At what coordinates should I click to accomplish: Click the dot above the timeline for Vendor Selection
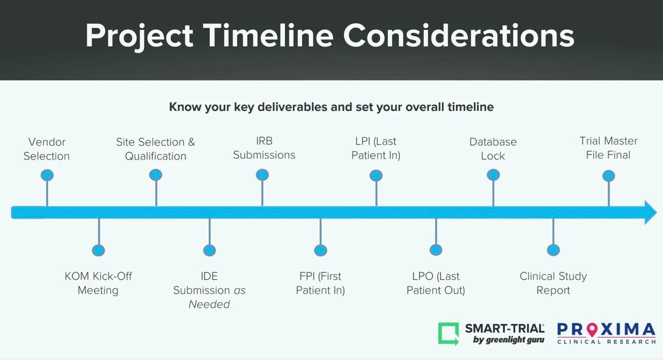[47, 175]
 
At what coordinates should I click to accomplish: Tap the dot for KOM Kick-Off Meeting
[98, 251]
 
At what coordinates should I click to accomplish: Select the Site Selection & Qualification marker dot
[156, 175]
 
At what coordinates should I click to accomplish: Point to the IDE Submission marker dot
[210, 251]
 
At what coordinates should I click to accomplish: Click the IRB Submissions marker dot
[262, 175]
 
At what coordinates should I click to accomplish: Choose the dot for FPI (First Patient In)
[321, 251]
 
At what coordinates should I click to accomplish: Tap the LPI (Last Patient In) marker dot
[376, 176]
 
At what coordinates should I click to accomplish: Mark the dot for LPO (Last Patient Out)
[436, 250]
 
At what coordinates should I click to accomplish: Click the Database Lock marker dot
[494, 175]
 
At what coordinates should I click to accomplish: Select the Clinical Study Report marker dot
[554, 250]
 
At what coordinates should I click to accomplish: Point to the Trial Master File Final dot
[609, 176]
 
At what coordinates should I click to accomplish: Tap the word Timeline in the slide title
[268, 36]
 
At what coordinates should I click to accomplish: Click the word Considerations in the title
[459, 36]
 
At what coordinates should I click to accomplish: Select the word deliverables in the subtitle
[293, 107]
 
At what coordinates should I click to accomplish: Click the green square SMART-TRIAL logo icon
[449, 334]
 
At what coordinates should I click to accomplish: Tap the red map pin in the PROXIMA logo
[592, 329]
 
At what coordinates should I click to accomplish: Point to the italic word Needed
[209, 305]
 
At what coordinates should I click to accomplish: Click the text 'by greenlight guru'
[509, 340]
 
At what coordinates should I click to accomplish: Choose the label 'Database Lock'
[493, 149]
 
